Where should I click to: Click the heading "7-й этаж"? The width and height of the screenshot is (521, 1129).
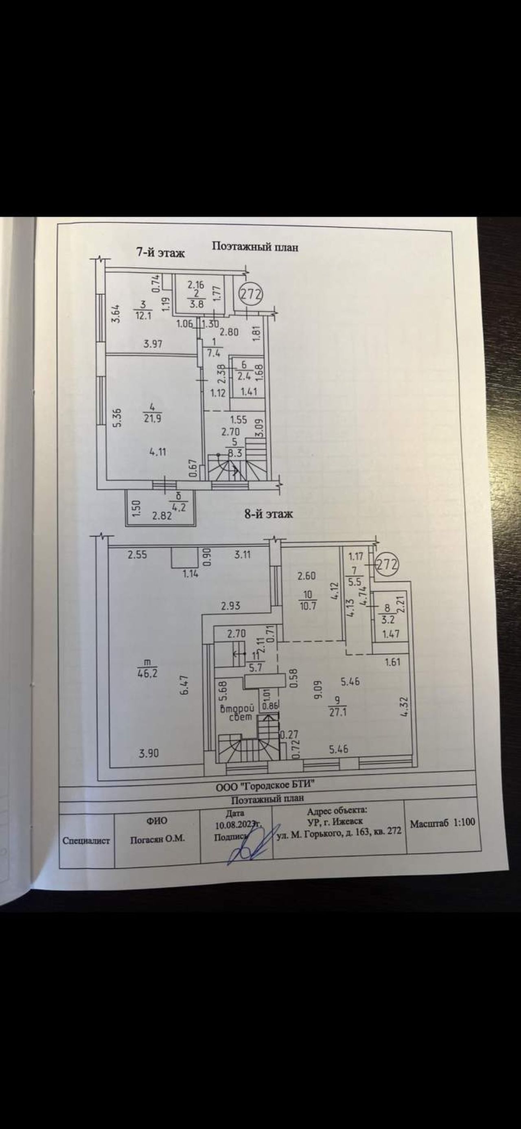coord(161,252)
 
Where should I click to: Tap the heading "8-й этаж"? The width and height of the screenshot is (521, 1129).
coord(268,514)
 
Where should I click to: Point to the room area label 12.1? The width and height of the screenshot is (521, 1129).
coord(143,315)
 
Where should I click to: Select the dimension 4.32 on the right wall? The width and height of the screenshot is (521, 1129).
coord(405,706)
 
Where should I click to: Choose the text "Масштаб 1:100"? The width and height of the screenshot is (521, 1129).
coord(442,823)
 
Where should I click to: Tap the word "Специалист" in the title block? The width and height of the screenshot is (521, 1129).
coord(86,841)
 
